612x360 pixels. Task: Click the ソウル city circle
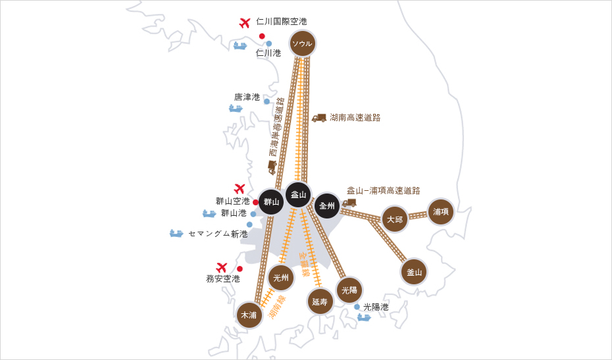pos(303,43)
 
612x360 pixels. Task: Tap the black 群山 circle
pos(271,201)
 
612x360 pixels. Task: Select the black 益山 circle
pos(299,194)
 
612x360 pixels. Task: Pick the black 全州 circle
pos(327,205)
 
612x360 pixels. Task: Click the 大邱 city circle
pos(395,219)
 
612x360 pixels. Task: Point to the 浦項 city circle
pos(441,212)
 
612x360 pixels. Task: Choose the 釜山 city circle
pos(414,272)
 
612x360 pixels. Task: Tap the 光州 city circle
pos(281,278)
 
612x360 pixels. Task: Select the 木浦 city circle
pos(249,315)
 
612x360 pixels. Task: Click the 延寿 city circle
pos(320,301)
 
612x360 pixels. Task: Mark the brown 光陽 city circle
pos(349,290)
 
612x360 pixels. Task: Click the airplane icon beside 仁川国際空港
pos(244,22)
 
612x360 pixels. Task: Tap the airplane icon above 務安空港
pos(222,267)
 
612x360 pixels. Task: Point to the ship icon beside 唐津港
pos(236,108)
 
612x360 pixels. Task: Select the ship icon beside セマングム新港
pos(176,233)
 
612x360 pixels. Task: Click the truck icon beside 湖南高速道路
pos(319,118)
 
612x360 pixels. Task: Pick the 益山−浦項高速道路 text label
pos(383,191)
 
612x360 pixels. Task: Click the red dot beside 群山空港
pos(255,202)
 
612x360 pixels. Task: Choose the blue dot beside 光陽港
pos(357,307)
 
